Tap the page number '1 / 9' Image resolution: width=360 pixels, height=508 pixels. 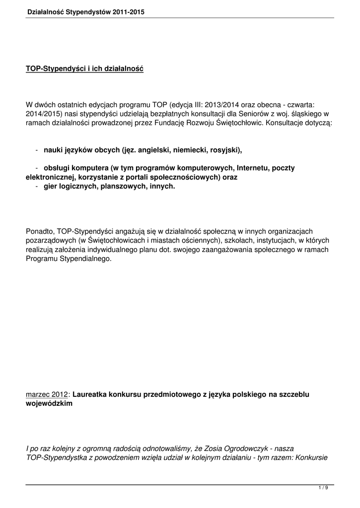[x=323, y=489]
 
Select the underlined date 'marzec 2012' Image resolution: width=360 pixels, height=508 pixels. [x=47, y=394]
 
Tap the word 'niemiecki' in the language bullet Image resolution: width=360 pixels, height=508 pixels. [x=176, y=149]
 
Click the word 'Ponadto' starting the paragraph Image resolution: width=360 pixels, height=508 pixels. [x=40, y=231]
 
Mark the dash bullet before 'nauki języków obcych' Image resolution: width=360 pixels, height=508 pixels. [x=38, y=149]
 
